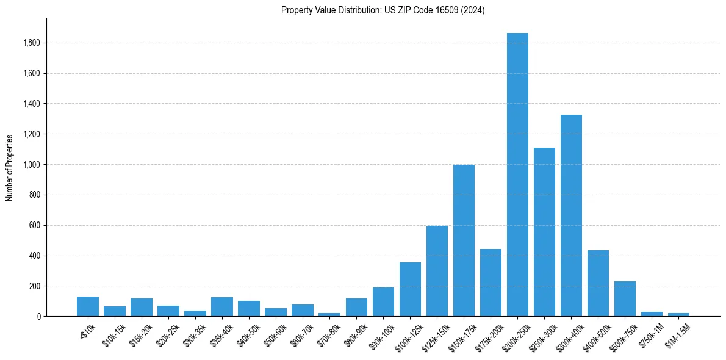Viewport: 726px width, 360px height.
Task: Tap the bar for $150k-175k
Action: (x=464, y=240)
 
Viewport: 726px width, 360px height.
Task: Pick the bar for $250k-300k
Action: (x=544, y=232)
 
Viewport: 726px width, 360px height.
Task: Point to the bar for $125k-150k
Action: (x=437, y=271)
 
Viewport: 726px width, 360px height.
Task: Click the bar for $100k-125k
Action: (x=410, y=289)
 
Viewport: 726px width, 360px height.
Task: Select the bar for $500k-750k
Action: (x=625, y=298)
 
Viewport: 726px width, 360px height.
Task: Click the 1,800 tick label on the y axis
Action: (x=32, y=43)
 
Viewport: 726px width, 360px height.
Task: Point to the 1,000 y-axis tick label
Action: (x=32, y=165)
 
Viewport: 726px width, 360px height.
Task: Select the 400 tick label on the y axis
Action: (x=35, y=256)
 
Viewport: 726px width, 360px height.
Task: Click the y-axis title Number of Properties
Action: (x=10, y=167)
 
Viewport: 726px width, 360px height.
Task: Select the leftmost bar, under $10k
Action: (x=88, y=306)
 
